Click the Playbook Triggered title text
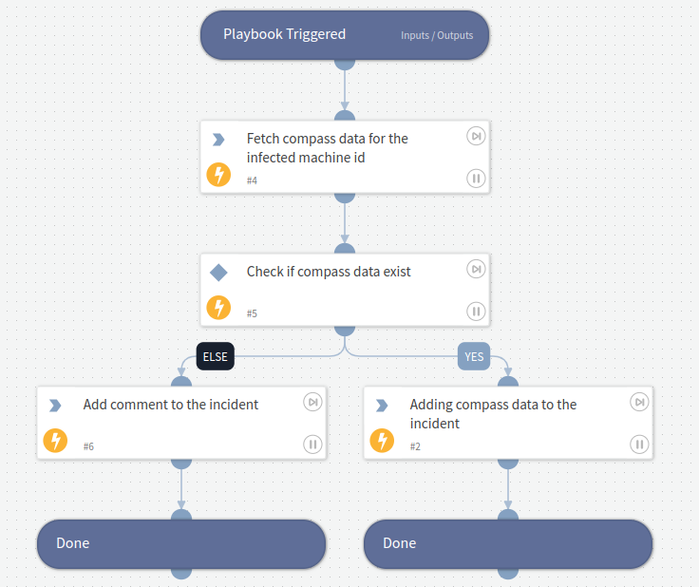pos(284,34)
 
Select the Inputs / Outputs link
pos(437,36)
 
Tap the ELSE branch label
pos(215,357)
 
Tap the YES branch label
pos(473,357)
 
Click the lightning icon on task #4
pos(218,175)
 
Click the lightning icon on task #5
pos(218,308)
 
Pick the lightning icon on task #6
pos(55,441)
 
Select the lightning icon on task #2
pos(382,441)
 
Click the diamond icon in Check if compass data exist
pos(218,273)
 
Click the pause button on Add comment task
pos(312,444)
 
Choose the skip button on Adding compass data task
pos(639,403)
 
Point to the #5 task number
pos(252,313)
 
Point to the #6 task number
pos(88,446)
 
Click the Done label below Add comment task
pos(73,543)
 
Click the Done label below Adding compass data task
pos(400,543)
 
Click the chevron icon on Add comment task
pos(55,406)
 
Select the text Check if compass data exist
pos(329,272)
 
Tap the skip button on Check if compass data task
pos(476,270)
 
